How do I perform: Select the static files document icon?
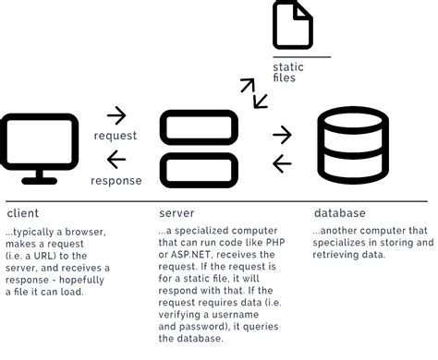[x=292, y=25]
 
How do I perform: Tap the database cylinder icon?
[x=353, y=146]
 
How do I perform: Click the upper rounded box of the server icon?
[x=200, y=126]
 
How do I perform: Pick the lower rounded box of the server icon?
[x=200, y=166]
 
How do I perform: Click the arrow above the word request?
[x=116, y=115]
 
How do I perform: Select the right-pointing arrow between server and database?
[x=282, y=135]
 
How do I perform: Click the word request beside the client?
[x=116, y=136]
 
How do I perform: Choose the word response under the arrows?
[x=116, y=180]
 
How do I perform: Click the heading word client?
[x=22, y=213]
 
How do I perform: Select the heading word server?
[x=177, y=213]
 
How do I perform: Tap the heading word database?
[x=339, y=213]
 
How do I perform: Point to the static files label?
[x=288, y=73]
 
